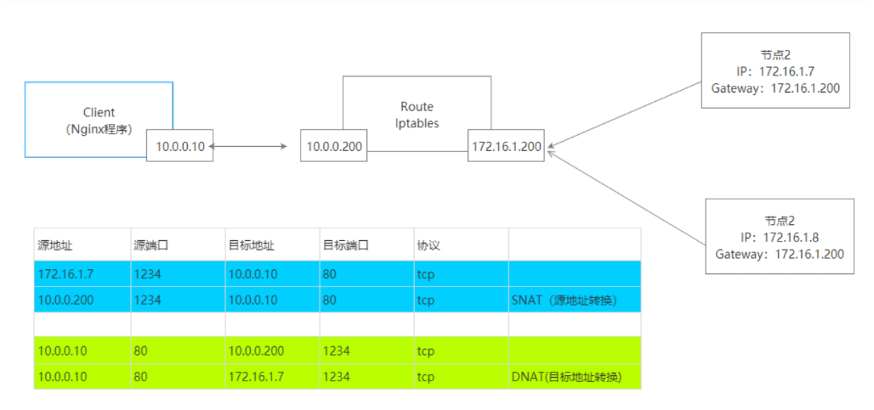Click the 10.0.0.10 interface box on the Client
[x=180, y=147]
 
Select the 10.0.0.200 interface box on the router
[x=335, y=147]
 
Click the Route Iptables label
[x=417, y=115]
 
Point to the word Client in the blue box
[x=99, y=112]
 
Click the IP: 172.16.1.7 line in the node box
[x=776, y=72]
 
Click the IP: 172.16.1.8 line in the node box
[x=780, y=239]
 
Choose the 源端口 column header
[x=150, y=244]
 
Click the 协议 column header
[x=428, y=244]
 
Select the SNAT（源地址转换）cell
[x=564, y=300]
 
